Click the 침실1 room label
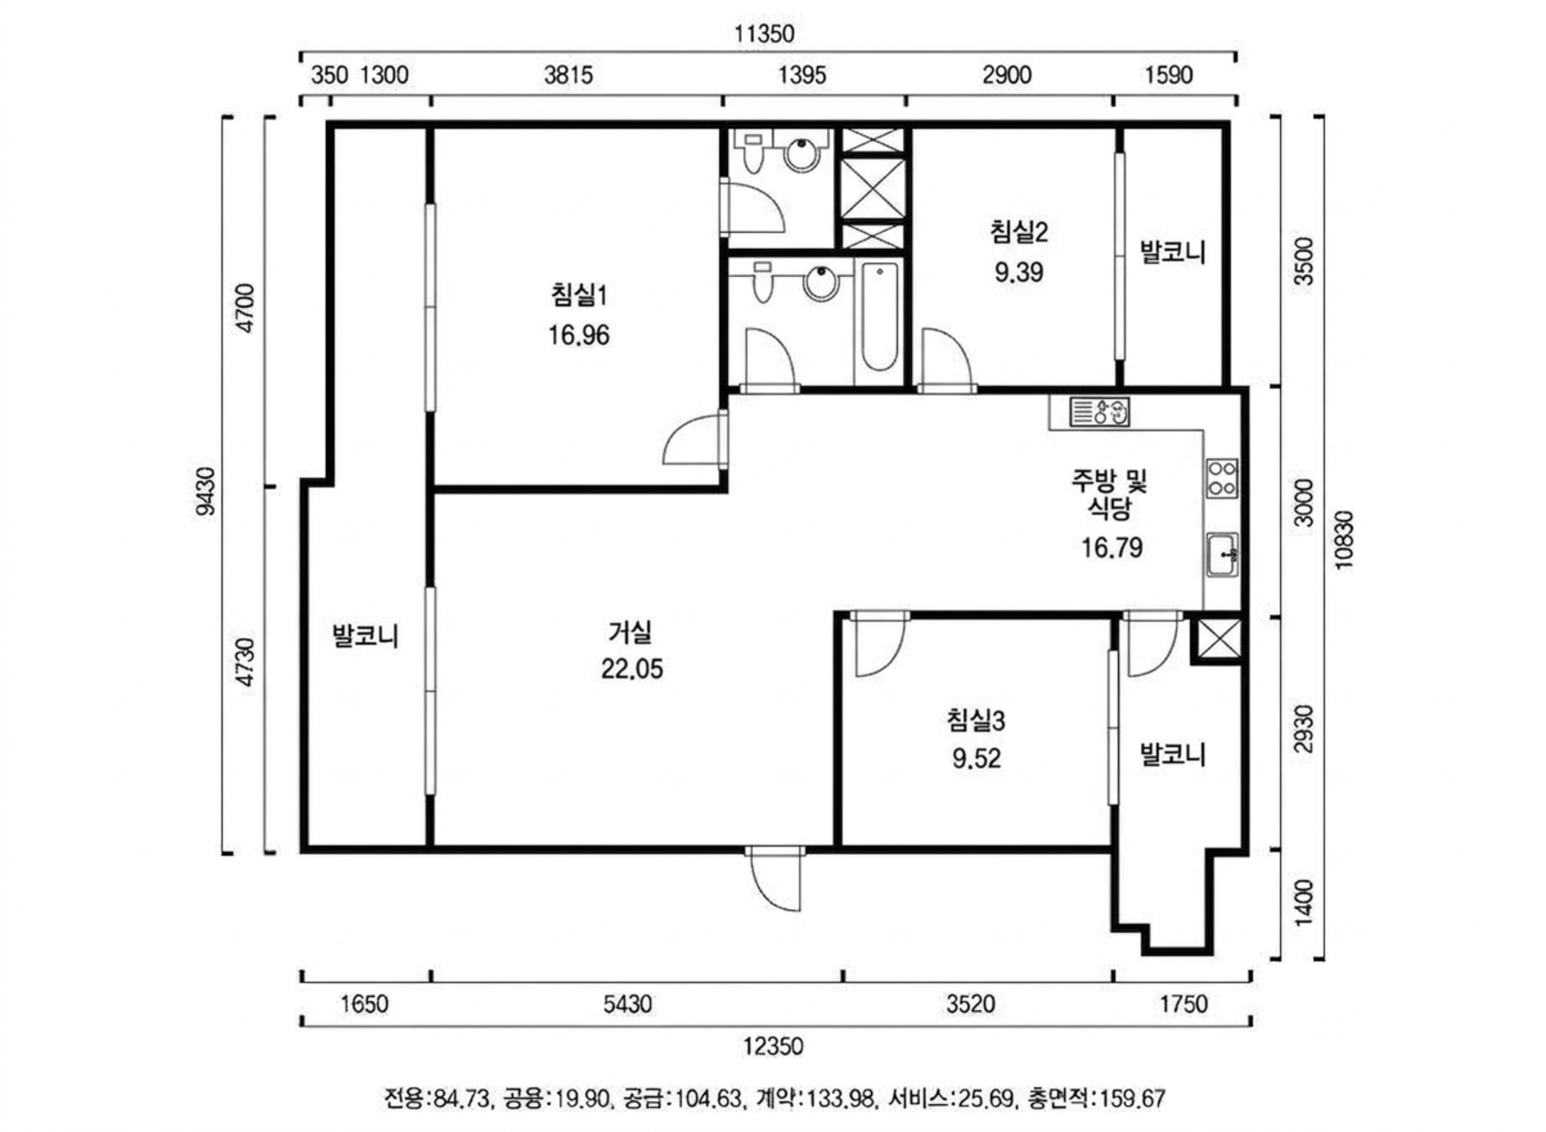pyautogui.click(x=579, y=295)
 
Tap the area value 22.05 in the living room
pyautogui.click(x=632, y=669)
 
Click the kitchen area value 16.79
pyautogui.click(x=1111, y=548)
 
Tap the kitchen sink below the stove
pyautogui.click(x=1222, y=554)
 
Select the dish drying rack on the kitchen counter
pyautogui.click(x=1100, y=412)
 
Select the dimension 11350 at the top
pyautogui.click(x=765, y=33)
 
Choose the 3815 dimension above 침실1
pyautogui.click(x=568, y=75)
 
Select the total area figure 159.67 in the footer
pyautogui.click(x=1132, y=1099)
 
